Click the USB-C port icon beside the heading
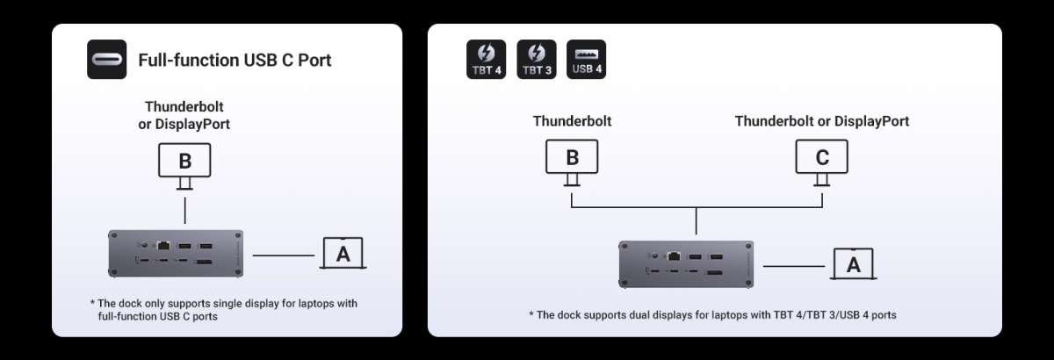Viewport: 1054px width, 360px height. point(107,60)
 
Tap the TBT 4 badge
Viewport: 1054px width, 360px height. point(486,60)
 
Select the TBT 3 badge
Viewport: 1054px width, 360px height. point(537,60)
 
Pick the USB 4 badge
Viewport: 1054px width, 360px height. point(587,60)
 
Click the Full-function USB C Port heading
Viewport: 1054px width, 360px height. point(235,61)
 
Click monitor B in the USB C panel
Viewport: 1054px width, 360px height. point(184,166)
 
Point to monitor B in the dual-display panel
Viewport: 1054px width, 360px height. point(572,162)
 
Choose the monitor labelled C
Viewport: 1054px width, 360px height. point(821,162)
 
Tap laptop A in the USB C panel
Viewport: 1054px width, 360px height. point(343,253)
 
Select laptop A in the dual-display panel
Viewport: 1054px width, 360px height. point(853,264)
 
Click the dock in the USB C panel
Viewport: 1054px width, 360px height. point(176,253)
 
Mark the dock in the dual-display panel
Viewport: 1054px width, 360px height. point(686,264)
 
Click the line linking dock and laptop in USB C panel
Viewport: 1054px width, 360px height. point(283,256)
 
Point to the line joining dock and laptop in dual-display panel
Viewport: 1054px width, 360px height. point(794,266)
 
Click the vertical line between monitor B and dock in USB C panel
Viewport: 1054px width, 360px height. point(185,211)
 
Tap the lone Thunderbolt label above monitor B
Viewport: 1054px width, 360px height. point(572,121)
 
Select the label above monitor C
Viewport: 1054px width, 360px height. point(821,121)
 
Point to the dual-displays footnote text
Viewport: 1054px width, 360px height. point(712,315)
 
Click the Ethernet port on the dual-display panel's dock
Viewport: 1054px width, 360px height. point(674,256)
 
